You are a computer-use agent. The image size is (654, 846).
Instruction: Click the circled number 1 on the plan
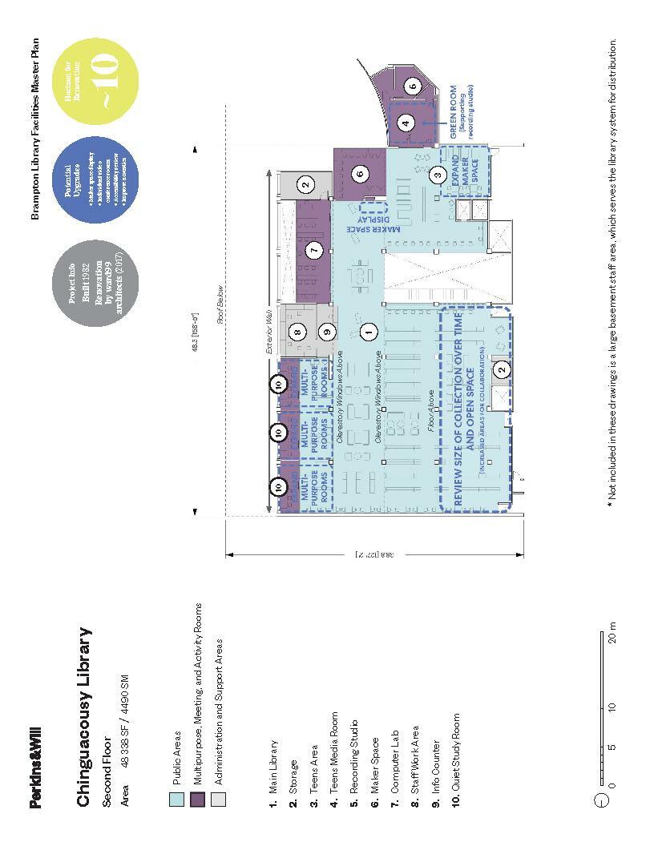(x=369, y=329)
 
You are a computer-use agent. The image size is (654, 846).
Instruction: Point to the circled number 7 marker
(x=315, y=251)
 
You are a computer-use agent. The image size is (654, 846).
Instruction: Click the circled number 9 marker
(x=325, y=330)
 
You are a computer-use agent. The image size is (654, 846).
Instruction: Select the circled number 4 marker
(x=406, y=123)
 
